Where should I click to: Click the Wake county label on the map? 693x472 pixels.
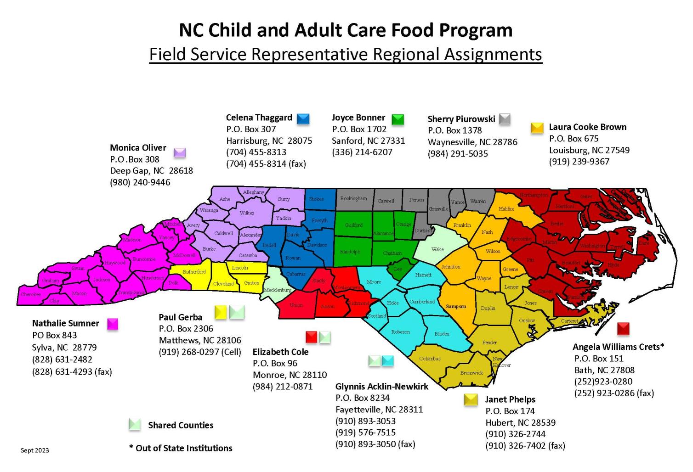pyautogui.click(x=437, y=249)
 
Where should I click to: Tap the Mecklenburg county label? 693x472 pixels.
pyautogui.click(x=277, y=290)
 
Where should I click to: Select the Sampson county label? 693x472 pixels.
pyautogui.click(x=456, y=306)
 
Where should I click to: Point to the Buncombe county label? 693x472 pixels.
pyautogui.click(x=144, y=259)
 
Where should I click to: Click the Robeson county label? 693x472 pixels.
pyautogui.click(x=400, y=332)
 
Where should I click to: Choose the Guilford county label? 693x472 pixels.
pyautogui.click(x=353, y=225)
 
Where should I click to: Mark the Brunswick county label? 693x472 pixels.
pyautogui.click(x=471, y=373)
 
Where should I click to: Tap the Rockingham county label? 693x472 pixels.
pyautogui.click(x=353, y=198)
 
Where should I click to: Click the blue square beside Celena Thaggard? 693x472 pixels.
pyautogui.click(x=303, y=119)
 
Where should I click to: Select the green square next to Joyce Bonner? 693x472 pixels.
pyautogui.click(x=398, y=119)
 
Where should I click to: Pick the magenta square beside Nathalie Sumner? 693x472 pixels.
pyautogui.click(x=113, y=324)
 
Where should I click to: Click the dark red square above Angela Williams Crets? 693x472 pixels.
pyautogui.click(x=623, y=328)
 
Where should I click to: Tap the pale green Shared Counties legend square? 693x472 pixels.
pyautogui.click(x=135, y=425)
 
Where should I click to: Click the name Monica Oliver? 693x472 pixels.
pyautogui.click(x=138, y=148)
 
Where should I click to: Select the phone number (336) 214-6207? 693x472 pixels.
pyautogui.click(x=362, y=152)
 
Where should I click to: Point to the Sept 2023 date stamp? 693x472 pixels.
pyautogui.click(x=34, y=450)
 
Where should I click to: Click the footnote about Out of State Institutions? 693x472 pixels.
pyautogui.click(x=181, y=448)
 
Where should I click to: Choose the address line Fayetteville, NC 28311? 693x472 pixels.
pyautogui.click(x=379, y=409)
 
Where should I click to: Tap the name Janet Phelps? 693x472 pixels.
pyautogui.click(x=510, y=399)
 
